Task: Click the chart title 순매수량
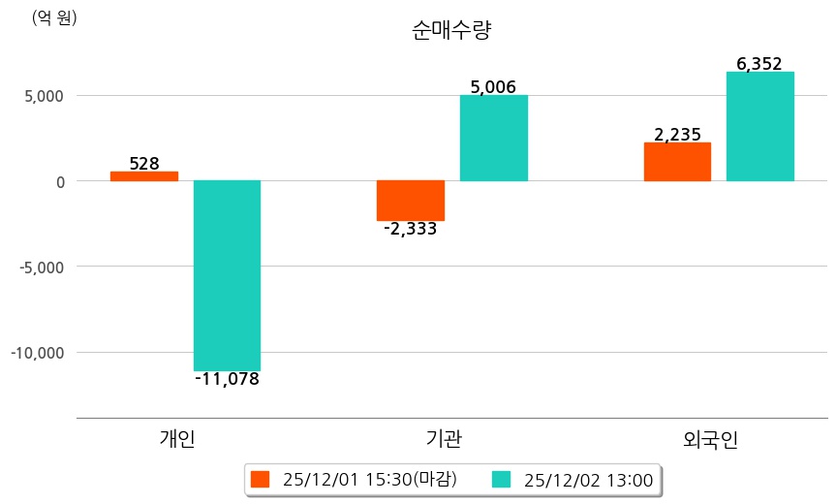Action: tap(452, 31)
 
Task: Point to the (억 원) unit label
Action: tap(54, 17)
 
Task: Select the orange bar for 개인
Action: tap(144, 176)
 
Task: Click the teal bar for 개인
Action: tap(227, 275)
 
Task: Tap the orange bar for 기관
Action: tap(411, 201)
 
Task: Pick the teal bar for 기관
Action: tap(494, 139)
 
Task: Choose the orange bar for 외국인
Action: tap(677, 162)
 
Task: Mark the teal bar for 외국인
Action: tap(760, 127)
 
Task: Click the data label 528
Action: tap(144, 164)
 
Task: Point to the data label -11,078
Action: tap(227, 379)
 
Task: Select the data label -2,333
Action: tap(411, 230)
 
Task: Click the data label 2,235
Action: tap(677, 135)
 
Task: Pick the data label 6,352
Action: tap(759, 64)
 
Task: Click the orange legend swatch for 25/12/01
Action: tap(260, 479)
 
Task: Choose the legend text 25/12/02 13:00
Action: tap(588, 479)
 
